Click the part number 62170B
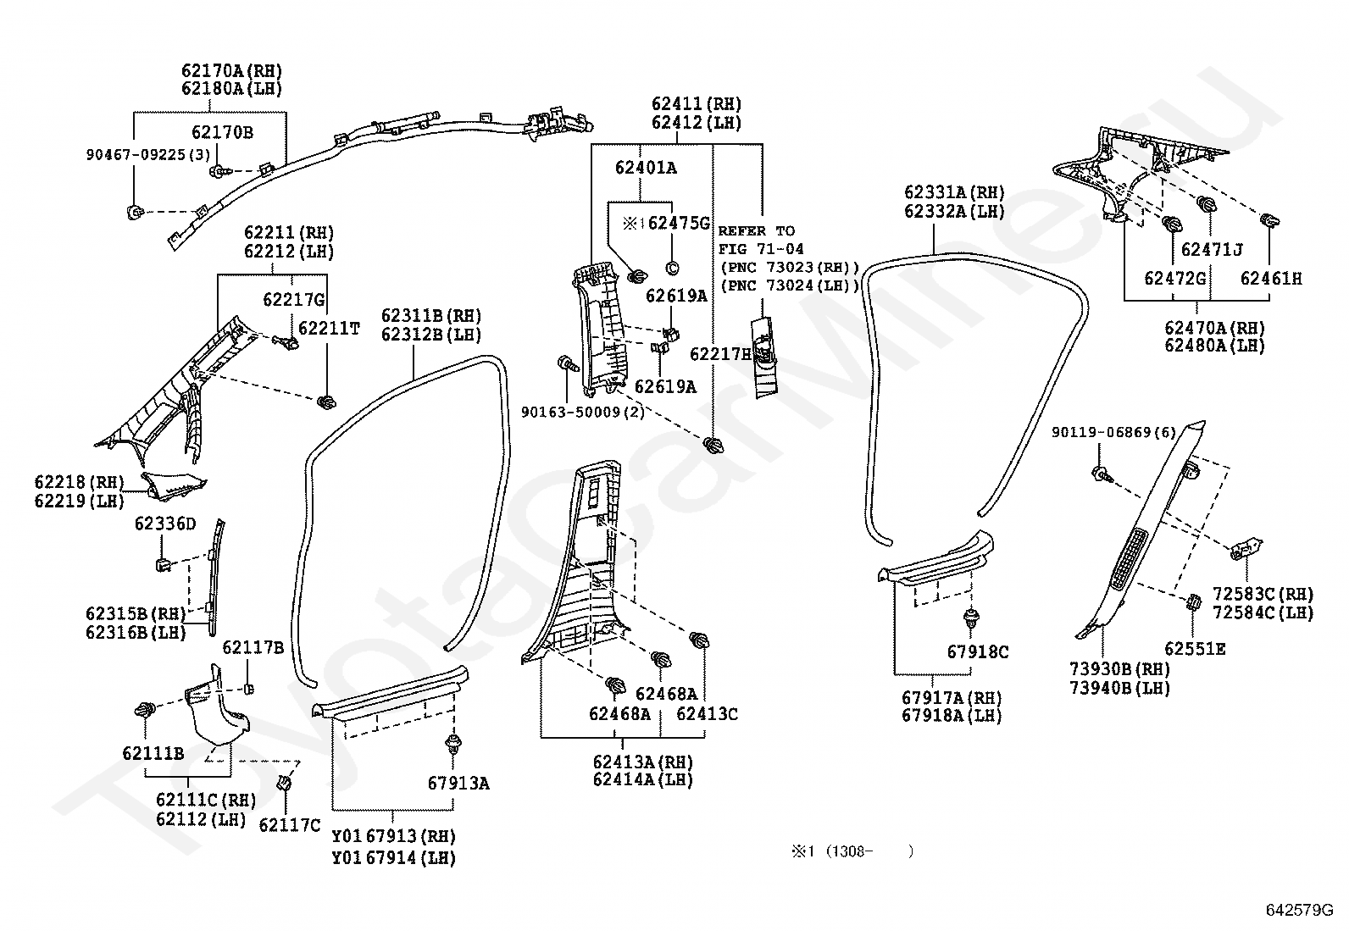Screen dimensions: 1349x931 [222, 132]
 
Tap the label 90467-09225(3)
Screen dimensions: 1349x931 [148, 155]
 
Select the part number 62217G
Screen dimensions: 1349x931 [294, 299]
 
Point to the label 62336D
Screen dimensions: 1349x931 [165, 524]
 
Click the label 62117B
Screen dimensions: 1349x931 [253, 647]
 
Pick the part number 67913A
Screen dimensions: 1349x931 [458, 783]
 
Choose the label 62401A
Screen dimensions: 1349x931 [646, 168]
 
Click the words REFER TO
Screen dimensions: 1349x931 [757, 230]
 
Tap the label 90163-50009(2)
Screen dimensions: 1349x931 [582, 412]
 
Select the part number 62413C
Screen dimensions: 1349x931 [707, 713]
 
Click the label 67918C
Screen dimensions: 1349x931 [977, 651]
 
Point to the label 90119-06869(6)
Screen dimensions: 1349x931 [1113, 432]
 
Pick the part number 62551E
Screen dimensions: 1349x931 [1195, 649]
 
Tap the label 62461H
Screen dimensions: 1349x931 [1271, 278]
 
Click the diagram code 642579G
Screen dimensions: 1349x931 [1299, 910]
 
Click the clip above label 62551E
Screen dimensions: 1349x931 [1192, 602]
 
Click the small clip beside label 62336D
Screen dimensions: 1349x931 [164, 565]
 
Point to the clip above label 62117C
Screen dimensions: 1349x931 [284, 784]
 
